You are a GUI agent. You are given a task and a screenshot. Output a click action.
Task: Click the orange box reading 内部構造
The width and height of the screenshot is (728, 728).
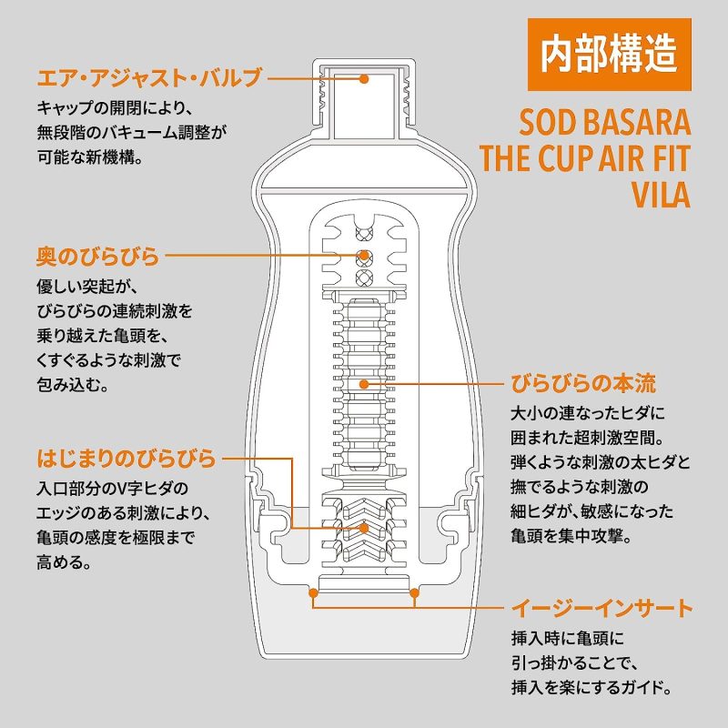click(x=609, y=55)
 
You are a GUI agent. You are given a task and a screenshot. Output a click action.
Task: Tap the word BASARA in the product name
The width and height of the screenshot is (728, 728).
click(x=636, y=123)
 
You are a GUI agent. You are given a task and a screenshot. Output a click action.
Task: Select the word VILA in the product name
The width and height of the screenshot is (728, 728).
click(x=662, y=195)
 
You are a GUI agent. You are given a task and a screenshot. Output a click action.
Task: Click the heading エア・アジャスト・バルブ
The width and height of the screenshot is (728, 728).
click(x=149, y=78)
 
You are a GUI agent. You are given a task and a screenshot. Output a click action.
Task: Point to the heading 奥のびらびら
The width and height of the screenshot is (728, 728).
click(x=98, y=256)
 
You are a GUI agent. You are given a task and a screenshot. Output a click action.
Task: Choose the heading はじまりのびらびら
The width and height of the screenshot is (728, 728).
click(x=126, y=459)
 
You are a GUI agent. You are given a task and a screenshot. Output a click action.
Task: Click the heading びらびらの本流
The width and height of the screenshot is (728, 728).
click(x=583, y=383)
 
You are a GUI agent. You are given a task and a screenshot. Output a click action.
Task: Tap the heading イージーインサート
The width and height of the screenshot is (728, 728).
click(x=602, y=608)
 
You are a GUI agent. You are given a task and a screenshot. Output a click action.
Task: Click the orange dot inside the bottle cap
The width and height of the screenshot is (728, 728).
click(x=365, y=79)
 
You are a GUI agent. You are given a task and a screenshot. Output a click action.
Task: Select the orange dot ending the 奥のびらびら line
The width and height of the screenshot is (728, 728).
click(x=365, y=256)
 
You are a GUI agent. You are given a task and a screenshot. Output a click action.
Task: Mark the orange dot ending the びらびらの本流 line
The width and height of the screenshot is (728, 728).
click(x=365, y=384)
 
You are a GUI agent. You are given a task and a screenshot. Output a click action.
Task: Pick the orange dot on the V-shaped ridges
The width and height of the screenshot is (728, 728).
click(x=365, y=528)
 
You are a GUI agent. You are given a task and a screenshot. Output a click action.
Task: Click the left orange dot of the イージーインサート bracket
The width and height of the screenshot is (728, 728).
click(x=313, y=593)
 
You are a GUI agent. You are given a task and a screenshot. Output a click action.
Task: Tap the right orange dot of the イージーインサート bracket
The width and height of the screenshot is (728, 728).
click(x=414, y=593)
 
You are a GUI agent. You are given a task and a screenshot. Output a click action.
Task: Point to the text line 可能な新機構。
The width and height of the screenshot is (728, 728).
click(x=90, y=157)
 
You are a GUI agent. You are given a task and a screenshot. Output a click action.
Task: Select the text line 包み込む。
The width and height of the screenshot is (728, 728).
click(x=73, y=384)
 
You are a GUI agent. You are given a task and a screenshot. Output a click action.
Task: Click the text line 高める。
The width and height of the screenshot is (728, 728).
click(x=64, y=562)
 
